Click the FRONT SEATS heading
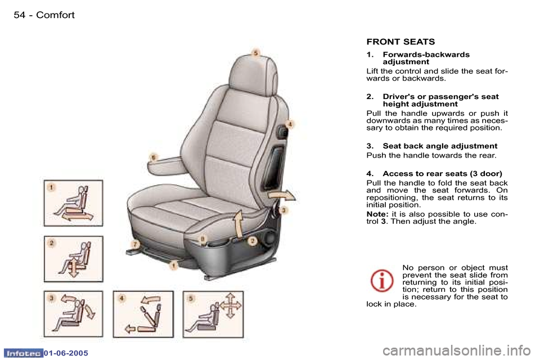(x=400, y=42)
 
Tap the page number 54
(x=20, y=15)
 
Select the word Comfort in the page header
(x=55, y=15)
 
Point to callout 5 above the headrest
(x=255, y=52)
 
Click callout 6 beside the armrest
(x=154, y=156)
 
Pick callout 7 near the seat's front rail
(x=135, y=244)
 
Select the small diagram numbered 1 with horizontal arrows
(x=74, y=202)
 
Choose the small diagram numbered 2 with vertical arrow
(x=74, y=259)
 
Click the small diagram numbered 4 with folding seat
(x=142, y=314)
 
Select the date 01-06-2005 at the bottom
(x=67, y=352)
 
